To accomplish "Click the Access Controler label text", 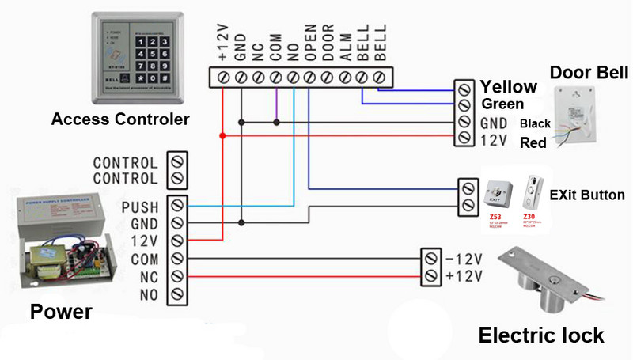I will coord(120,120).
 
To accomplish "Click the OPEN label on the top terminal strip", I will coord(310,45).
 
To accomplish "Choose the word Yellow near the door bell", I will coord(509,87).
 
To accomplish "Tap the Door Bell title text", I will coord(589,73).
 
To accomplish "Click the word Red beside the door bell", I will coord(533,143).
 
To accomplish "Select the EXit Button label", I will coord(587,195).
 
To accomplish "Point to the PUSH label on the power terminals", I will coord(141,207).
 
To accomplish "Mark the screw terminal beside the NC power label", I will coord(178,277).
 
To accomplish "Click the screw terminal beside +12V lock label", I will coord(430,275).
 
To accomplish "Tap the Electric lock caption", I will coord(541,335).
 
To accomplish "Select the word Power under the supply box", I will coord(61,312).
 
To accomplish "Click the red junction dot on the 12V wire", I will coord(222,136).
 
